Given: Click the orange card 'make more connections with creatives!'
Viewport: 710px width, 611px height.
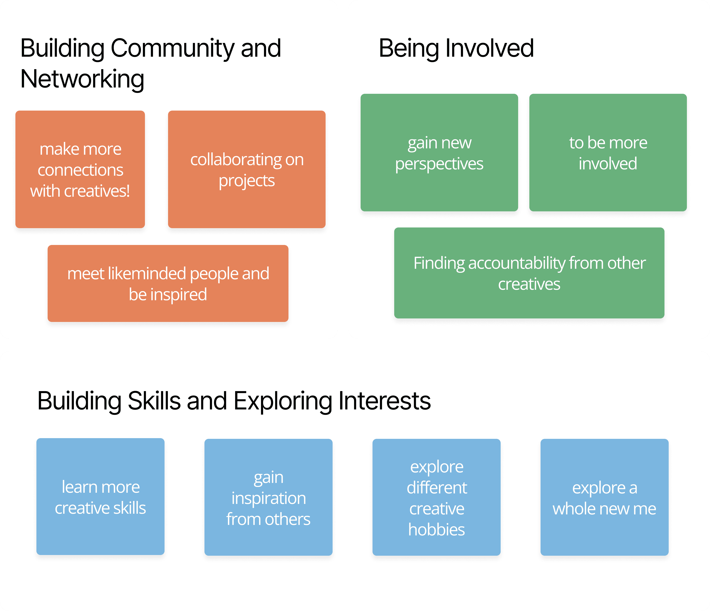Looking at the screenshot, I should click(x=80, y=169).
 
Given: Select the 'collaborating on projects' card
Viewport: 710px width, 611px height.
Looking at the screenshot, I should click(x=247, y=169).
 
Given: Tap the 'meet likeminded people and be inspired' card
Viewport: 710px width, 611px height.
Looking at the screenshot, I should click(x=168, y=283).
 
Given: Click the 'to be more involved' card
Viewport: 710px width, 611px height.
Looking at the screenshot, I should click(x=608, y=152).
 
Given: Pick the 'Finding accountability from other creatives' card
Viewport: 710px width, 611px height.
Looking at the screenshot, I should click(x=529, y=273).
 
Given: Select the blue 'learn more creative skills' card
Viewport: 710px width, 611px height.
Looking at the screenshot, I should click(x=100, y=497).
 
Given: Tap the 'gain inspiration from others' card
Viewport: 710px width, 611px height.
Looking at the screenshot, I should click(x=268, y=497).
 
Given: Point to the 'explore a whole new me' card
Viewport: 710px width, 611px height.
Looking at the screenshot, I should click(x=604, y=497).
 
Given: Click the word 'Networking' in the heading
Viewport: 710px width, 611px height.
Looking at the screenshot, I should click(x=82, y=79).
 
